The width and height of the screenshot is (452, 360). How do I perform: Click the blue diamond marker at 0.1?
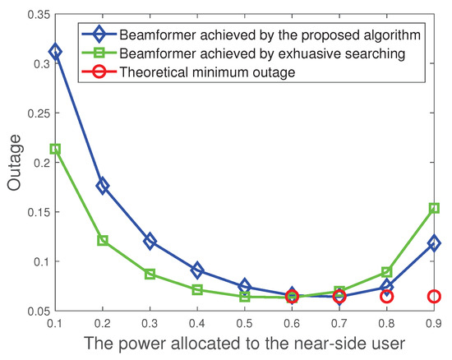[55, 51]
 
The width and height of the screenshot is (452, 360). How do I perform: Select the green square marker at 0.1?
[55, 149]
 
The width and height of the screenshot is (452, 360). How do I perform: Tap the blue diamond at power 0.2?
[103, 186]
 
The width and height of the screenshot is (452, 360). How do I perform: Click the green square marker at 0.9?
[434, 208]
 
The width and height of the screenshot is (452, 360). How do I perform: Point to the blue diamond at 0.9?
[434, 243]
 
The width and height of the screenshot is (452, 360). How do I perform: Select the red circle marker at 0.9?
[434, 297]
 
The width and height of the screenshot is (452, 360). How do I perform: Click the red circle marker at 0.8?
[386, 297]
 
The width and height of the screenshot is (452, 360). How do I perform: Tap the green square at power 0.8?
[386, 272]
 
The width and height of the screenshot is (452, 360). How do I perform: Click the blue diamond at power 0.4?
[197, 270]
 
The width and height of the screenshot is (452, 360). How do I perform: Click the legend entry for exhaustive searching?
[264, 55]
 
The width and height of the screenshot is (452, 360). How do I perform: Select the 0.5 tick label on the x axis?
[244, 323]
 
